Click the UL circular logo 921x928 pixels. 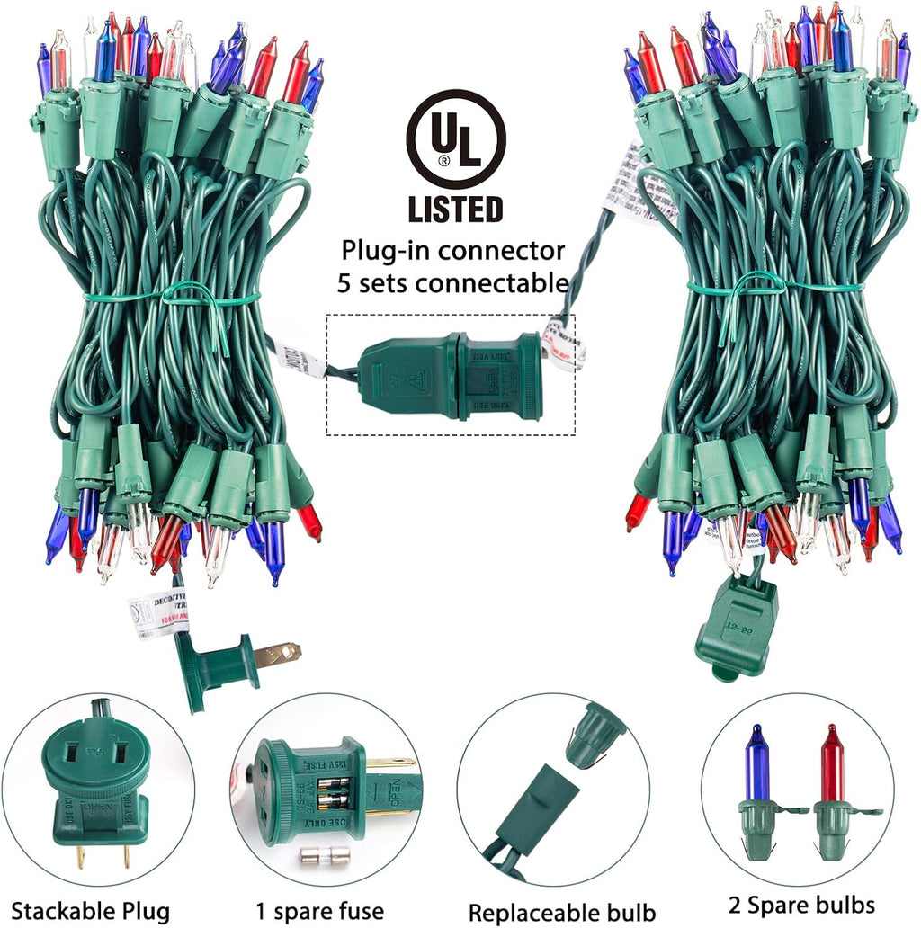pyautogui.click(x=455, y=138)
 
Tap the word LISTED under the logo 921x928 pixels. pyautogui.click(x=455, y=209)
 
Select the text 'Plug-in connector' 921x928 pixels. pyautogui.click(x=453, y=250)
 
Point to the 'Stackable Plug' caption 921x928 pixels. pyautogui.click(x=91, y=910)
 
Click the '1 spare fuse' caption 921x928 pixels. pyautogui.click(x=326, y=910)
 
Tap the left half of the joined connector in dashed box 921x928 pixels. pyautogui.click(x=409, y=378)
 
